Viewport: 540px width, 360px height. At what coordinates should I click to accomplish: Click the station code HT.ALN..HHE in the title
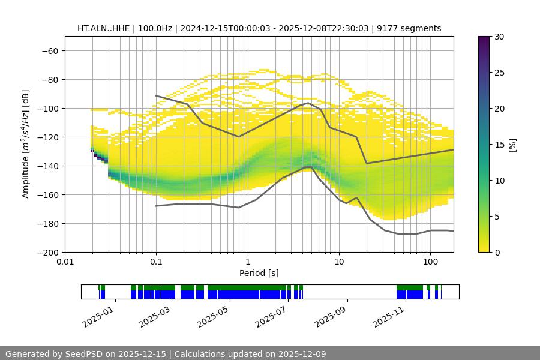pyautogui.click(x=103, y=28)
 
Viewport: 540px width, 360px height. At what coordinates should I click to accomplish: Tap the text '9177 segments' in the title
pyautogui.click(x=413, y=28)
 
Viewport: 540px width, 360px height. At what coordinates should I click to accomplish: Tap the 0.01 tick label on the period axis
pyautogui.click(x=65, y=262)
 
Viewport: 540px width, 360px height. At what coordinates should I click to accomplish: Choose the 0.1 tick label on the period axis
pyautogui.click(x=156, y=262)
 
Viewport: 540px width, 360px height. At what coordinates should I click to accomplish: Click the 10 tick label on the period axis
pyautogui.click(x=339, y=262)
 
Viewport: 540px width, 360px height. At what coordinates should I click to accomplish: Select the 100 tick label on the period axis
pyautogui.click(x=430, y=262)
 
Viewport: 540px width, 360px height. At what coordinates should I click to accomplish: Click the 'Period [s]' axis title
pyautogui.click(x=259, y=273)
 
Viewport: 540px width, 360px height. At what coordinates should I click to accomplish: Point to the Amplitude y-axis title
pyautogui.click(x=26, y=144)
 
